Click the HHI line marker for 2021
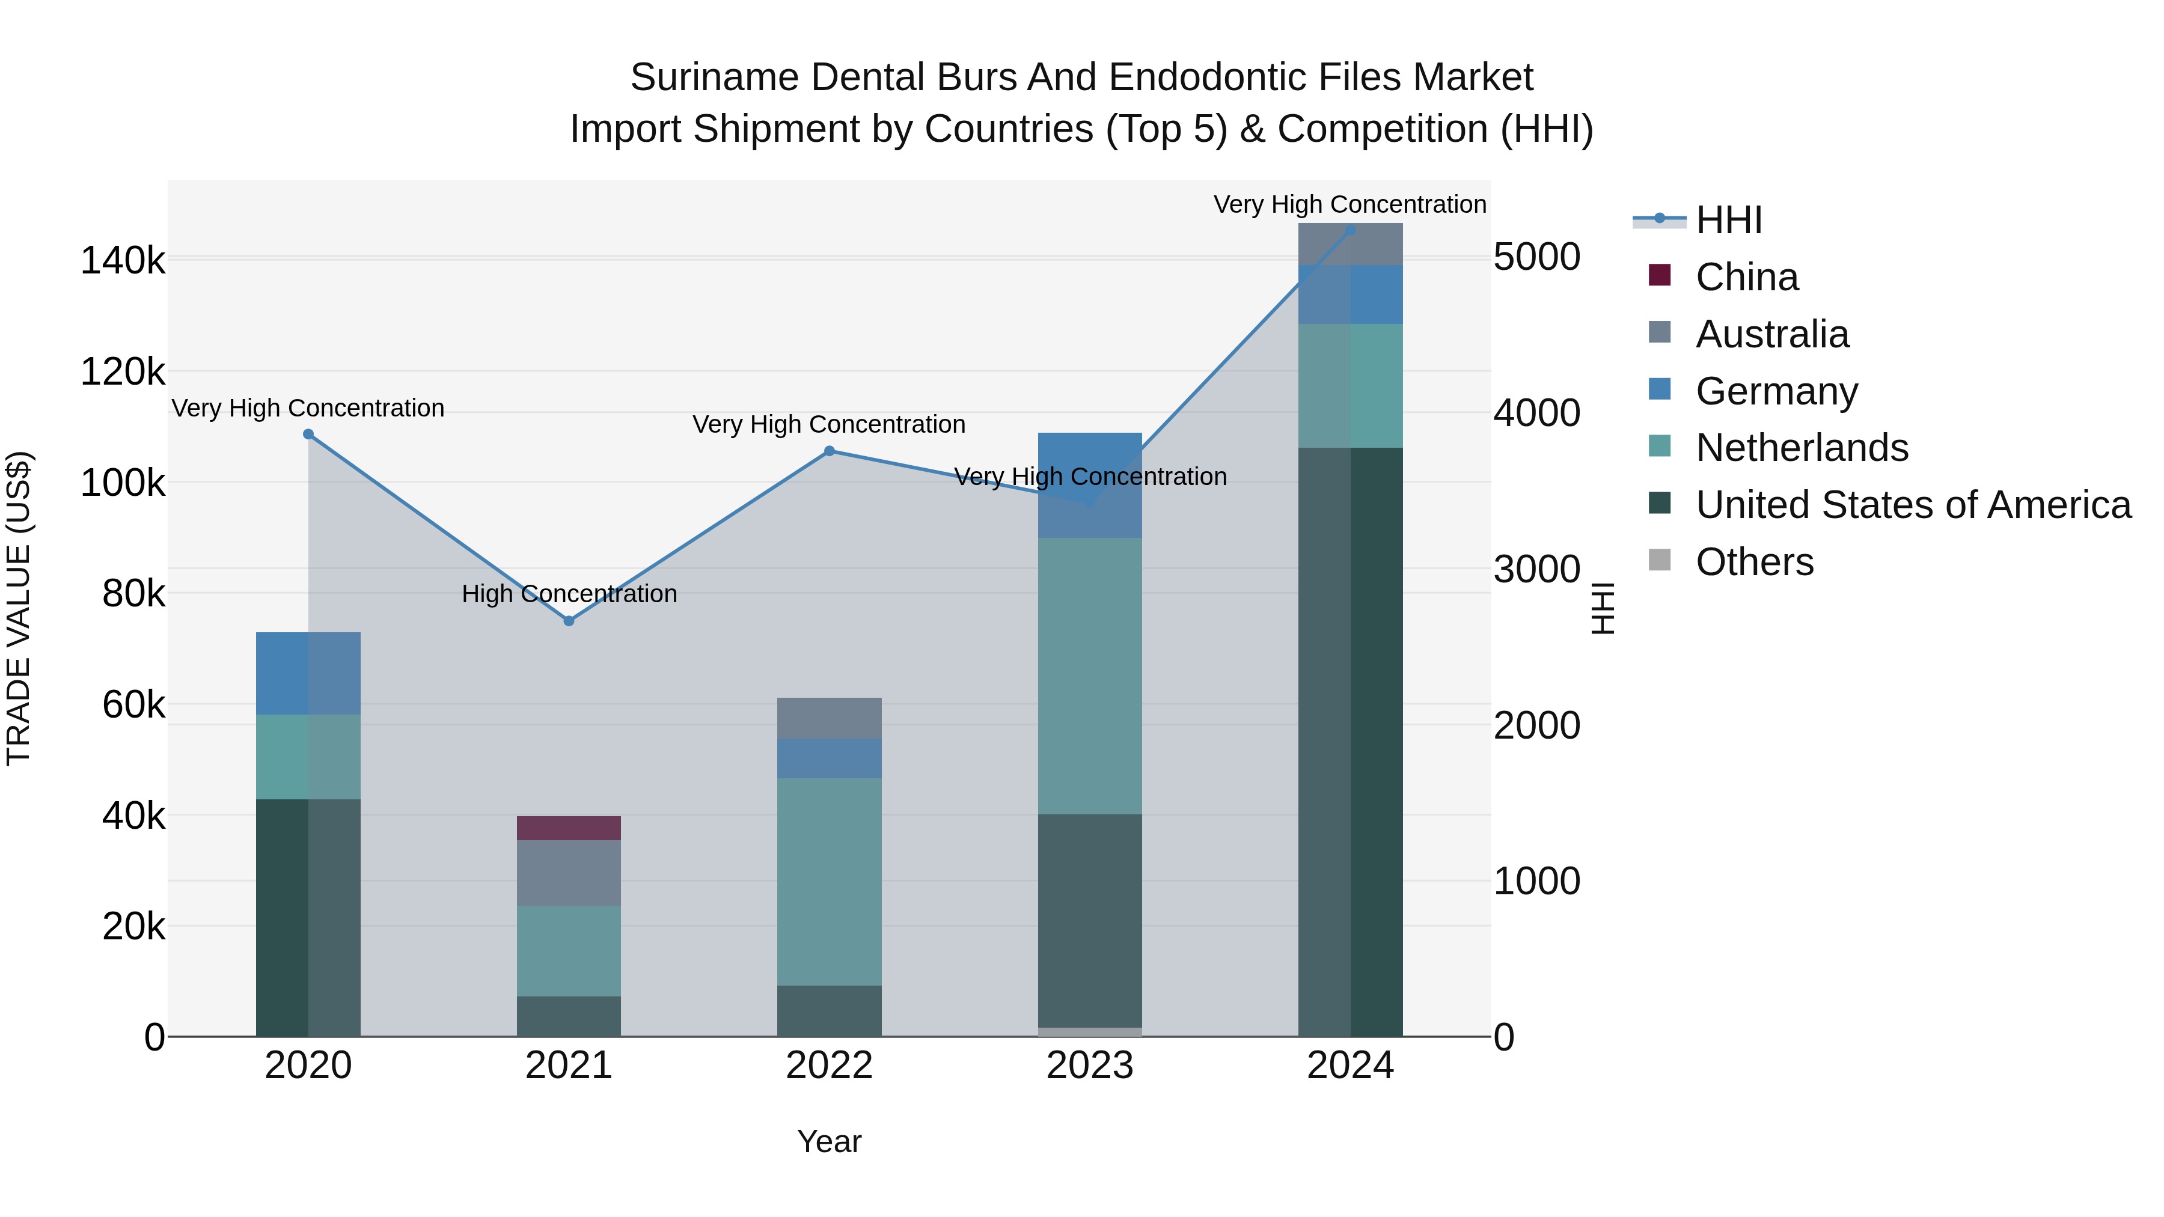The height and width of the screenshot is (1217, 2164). pyautogui.click(x=569, y=621)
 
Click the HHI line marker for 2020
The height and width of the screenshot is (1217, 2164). pyautogui.click(x=308, y=435)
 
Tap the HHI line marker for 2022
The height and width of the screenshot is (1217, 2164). pyautogui.click(x=829, y=451)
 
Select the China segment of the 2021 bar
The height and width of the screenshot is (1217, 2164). pyautogui.click(x=569, y=828)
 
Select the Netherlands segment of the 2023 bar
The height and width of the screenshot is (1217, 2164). pyautogui.click(x=1090, y=676)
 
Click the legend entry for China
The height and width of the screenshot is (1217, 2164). pyautogui.click(x=1746, y=277)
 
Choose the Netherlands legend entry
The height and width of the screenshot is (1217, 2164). pyautogui.click(x=1801, y=448)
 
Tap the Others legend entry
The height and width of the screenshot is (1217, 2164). pyautogui.click(x=1754, y=562)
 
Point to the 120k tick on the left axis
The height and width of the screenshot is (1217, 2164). pyautogui.click(x=123, y=371)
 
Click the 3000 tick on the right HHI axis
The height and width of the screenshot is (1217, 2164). pyautogui.click(x=1536, y=570)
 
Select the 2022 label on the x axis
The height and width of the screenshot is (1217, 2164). pyautogui.click(x=829, y=1066)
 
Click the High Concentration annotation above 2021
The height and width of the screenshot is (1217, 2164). pyautogui.click(x=569, y=594)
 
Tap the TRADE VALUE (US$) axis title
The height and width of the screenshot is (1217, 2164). pyautogui.click(x=19, y=608)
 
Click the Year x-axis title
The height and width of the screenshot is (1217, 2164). pyautogui.click(x=829, y=1141)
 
